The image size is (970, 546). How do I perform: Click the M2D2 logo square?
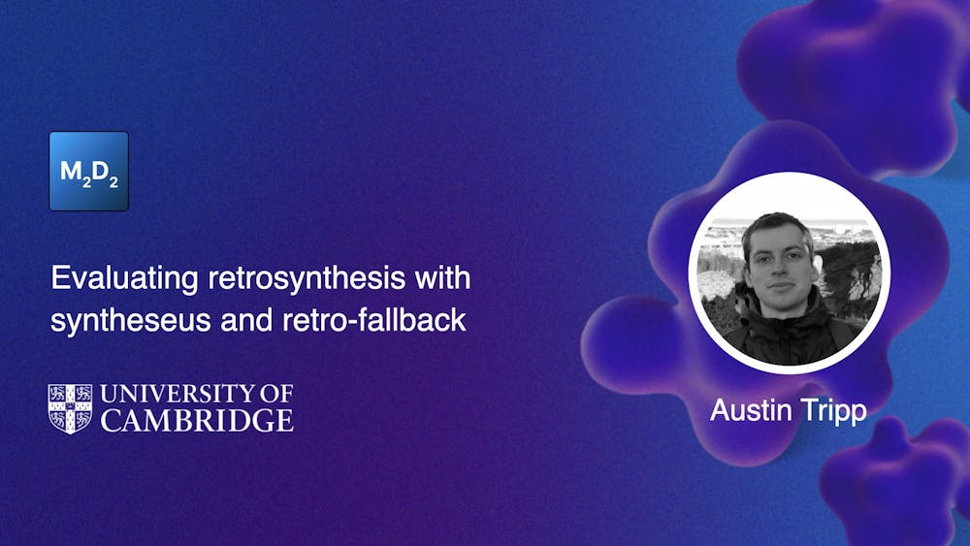88,171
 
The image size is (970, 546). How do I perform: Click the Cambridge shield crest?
70,408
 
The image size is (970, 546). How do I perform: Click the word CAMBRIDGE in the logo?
197,420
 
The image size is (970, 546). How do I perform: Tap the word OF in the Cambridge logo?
273,395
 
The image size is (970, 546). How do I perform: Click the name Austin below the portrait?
748,409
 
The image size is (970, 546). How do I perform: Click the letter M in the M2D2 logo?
72,172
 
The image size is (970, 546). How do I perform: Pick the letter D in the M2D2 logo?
101,172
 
